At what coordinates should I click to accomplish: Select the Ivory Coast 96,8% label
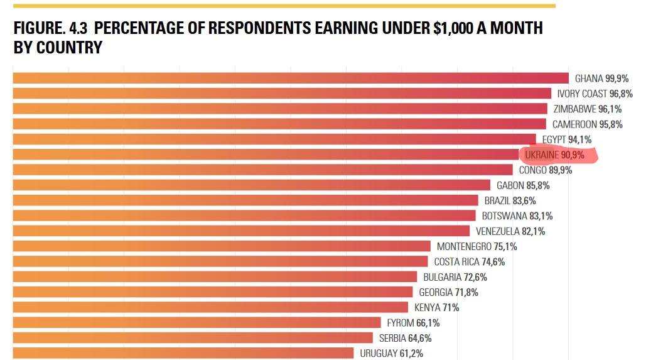tap(595, 94)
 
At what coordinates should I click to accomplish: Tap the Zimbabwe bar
tap(280, 109)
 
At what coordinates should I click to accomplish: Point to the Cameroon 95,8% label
tap(587, 124)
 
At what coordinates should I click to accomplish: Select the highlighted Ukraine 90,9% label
tap(554, 155)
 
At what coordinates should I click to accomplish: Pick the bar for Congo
tap(262, 170)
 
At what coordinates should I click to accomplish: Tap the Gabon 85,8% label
tap(523, 185)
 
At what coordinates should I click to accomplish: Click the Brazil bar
tap(245, 200)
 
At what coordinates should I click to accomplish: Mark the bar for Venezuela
tap(241, 231)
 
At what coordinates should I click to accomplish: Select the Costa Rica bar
tap(220, 261)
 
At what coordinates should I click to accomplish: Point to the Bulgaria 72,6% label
tap(455, 277)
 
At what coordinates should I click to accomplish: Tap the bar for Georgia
tap(213, 292)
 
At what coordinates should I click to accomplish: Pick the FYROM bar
tap(197, 323)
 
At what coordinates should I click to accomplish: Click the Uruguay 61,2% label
tap(391, 353)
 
